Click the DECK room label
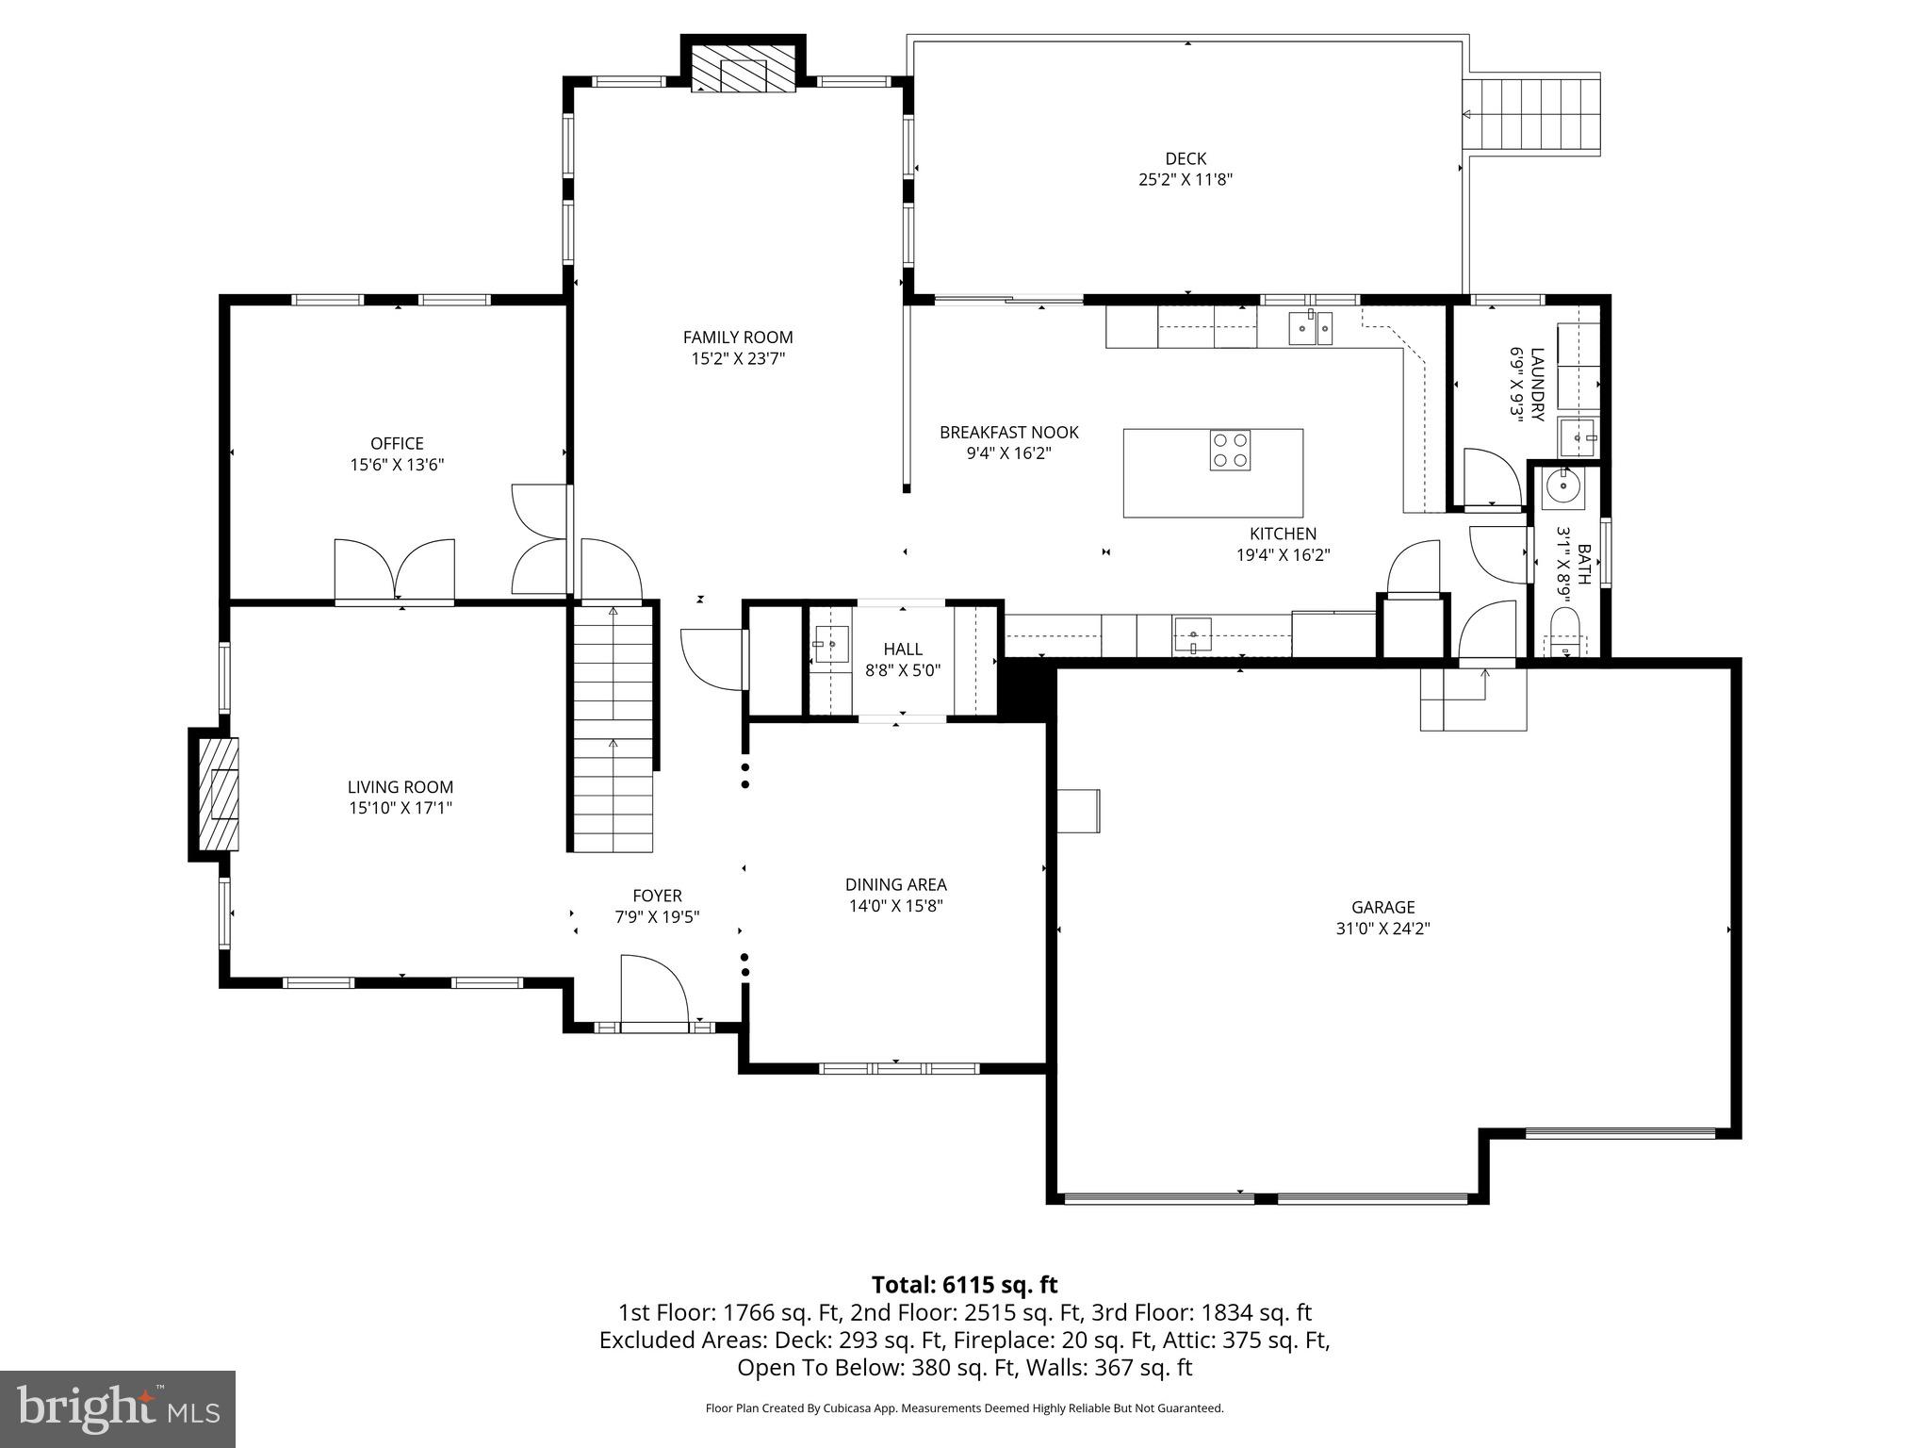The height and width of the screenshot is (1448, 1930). click(x=1186, y=159)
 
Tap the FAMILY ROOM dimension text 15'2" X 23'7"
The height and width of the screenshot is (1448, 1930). click(x=738, y=359)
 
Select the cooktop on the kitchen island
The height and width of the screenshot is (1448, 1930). click(x=1230, y=450)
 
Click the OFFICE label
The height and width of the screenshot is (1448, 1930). click(x=397, y=443)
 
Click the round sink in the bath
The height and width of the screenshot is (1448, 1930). click(x=1563, y=487)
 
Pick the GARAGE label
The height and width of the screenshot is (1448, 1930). click(x=1382, y=908)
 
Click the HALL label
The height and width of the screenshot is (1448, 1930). click(x=903, y=650)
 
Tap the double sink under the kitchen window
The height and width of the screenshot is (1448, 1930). click(x=1310, y=328)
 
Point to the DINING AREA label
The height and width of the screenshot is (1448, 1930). click(x=895, y=885)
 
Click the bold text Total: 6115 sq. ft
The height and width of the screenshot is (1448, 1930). click(x=964, y=1285)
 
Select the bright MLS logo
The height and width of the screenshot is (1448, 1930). click(x=118, y=1408)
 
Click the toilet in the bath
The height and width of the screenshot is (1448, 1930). click(x=1564, y=633)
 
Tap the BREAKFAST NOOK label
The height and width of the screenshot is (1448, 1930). click(x=1008, y=433)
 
